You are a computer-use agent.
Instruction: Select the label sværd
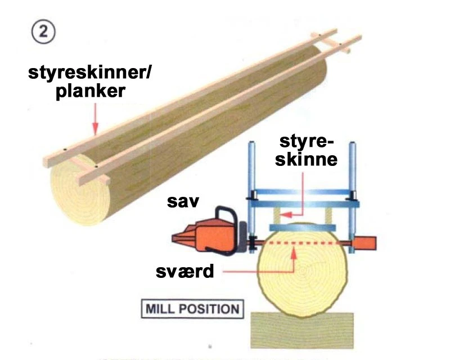[186, 272]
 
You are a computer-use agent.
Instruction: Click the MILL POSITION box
[192, 309]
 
